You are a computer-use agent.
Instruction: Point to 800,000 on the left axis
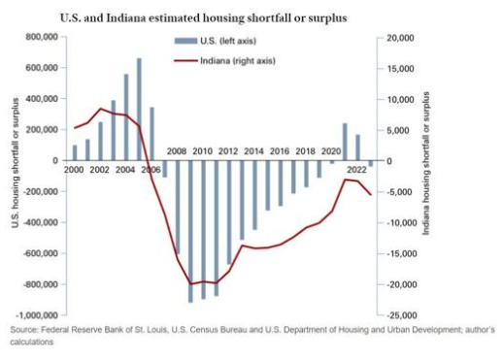[x=38, y=37]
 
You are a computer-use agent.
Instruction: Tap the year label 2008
[x=178, y=151]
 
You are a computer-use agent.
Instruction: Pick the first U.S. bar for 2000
[x=75, y=153]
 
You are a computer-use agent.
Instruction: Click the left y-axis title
[x=15, y=176]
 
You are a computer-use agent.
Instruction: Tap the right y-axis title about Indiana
[x=426, y=176]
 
